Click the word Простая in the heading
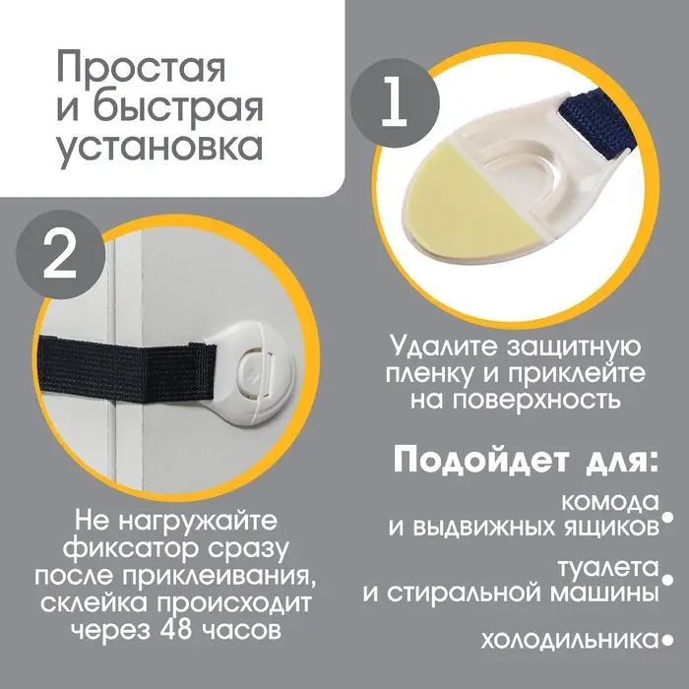(x=141, y=70)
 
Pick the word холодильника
(x=568, y=641)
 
